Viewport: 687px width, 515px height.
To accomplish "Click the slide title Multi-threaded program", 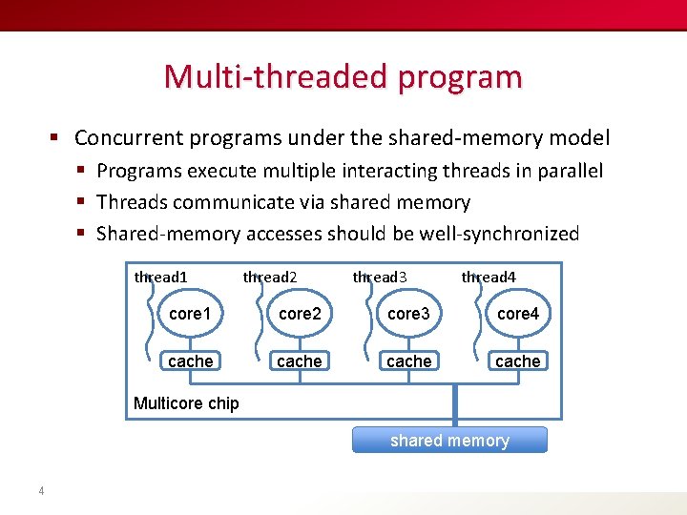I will tap(343, 76).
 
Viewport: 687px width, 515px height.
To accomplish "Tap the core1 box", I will tap(190, 314).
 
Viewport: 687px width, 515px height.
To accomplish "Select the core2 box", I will tap(300, 314).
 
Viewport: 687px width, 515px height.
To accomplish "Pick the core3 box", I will tap(408, 314).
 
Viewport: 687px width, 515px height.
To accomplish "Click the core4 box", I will tap(518, 314).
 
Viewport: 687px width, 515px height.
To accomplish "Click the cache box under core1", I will tap(190, 361).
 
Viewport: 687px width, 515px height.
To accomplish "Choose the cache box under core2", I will tap(300, 361).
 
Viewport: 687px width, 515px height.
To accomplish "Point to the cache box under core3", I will tap(408, 361).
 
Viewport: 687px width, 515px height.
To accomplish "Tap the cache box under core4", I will tap(518, 361).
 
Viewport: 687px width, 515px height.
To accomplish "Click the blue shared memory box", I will tap(449, 441).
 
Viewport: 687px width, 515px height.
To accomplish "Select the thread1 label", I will tap(161, 278).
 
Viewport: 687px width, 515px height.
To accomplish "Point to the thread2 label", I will tap(270, 278).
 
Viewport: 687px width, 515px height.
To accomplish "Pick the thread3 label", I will tap(380, 278).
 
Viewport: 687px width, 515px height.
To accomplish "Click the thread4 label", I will tap(489, 278).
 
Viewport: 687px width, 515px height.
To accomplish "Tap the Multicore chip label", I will tap(186, 403).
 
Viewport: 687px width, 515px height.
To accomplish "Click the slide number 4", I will tap(41, 491).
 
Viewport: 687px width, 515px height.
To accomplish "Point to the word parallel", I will tap(571, 172).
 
